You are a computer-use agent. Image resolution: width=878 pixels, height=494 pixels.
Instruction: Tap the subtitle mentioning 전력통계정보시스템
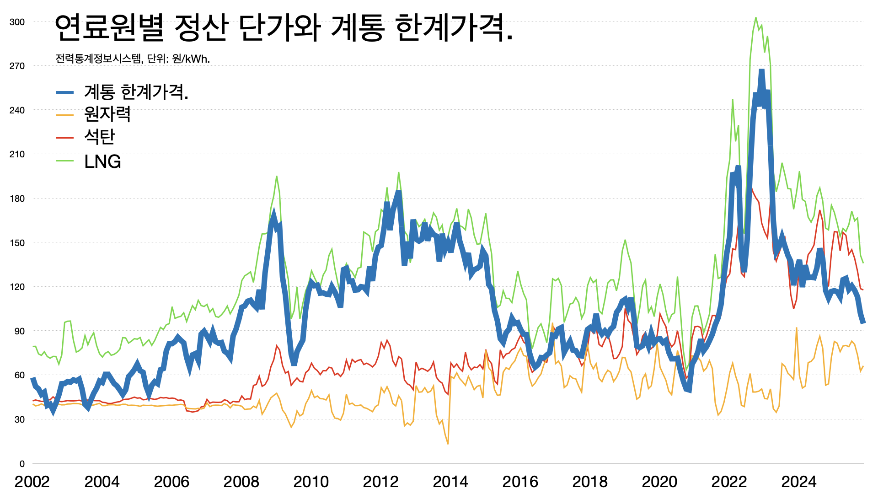(133, 59)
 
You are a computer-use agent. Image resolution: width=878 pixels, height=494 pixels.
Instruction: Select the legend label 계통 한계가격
(136, 92)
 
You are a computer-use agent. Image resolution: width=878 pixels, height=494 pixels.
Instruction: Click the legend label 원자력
(107, 114)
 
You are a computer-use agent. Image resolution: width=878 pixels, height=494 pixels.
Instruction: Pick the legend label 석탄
(100, 137)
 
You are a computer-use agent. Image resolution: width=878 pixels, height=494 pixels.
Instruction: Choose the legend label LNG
(102, 161)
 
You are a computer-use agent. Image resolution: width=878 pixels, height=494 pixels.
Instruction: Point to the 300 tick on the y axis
(17, 22)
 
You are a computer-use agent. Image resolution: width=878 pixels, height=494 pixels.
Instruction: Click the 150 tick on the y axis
(17, 243)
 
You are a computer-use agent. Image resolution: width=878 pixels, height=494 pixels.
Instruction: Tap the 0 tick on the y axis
(22, 464)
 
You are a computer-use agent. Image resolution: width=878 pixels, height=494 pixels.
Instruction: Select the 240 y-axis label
(17, 110)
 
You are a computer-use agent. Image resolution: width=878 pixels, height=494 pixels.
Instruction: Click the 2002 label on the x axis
(32, 482)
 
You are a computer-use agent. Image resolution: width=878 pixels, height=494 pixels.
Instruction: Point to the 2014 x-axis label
(450, 482)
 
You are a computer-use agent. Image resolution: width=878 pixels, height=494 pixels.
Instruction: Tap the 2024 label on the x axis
(799, 482)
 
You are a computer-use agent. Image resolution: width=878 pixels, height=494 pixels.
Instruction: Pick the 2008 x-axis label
(241, 482)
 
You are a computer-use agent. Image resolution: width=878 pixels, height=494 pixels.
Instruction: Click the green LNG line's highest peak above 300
(755, 18)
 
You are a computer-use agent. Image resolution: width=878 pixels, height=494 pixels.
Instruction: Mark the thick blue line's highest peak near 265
(761, 71)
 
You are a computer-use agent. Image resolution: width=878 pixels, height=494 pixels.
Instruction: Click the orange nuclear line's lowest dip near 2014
(448, 443)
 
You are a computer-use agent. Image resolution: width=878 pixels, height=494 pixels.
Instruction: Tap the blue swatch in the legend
(65, 93)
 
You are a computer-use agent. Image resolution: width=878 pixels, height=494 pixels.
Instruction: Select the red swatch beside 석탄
(65, 137)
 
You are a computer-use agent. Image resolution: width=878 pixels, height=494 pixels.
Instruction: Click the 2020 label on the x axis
(659, 482)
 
